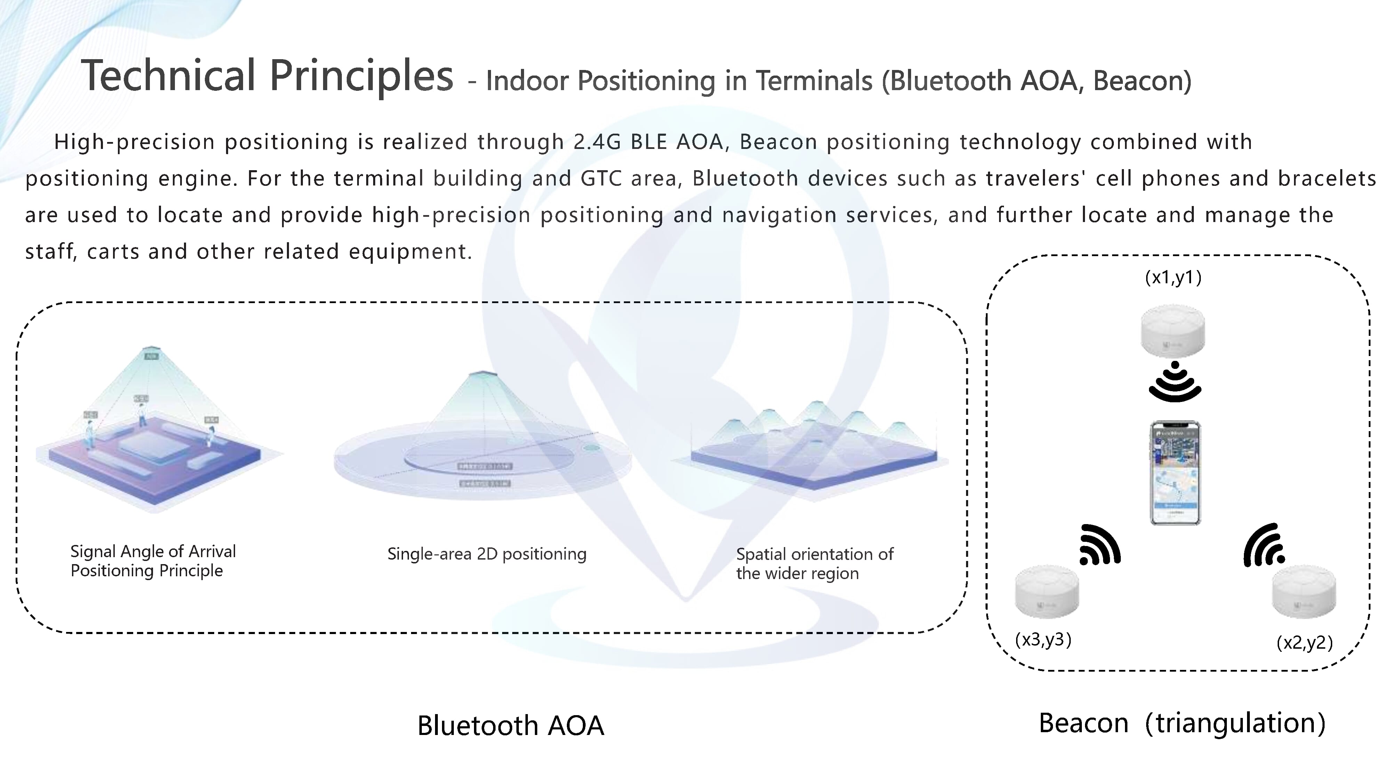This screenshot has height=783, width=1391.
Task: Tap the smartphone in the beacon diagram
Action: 1175,473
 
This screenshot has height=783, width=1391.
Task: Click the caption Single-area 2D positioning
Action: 487,554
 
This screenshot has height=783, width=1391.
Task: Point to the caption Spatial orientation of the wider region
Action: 814,564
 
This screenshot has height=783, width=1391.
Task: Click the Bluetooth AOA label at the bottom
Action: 510,725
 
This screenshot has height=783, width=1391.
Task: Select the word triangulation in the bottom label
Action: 1235,723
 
